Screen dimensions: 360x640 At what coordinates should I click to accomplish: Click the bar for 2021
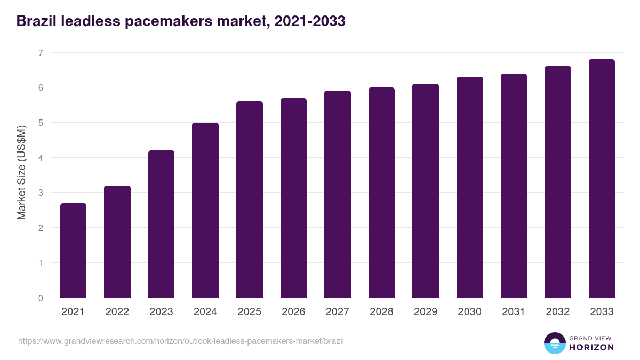click(73, 251)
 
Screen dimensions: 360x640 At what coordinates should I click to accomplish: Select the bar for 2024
click(205, 210)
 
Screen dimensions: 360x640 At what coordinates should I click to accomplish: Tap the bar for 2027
click(337, 194)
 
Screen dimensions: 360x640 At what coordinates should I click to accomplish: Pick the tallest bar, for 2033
click(602, 179)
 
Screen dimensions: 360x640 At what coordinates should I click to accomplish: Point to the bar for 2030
click(469, 187)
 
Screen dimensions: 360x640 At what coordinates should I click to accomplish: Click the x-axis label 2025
click(249, 312)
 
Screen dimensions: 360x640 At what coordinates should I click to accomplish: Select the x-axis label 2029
click(425, 312)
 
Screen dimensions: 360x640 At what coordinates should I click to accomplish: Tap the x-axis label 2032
click(557, 312)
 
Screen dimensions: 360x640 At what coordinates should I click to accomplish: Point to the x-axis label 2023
click(161, 312)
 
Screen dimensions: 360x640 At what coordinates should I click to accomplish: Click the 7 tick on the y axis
click(41, 53)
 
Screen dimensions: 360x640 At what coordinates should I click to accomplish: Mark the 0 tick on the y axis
click(41, 298)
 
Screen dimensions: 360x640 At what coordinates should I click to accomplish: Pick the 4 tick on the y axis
click(41, 158)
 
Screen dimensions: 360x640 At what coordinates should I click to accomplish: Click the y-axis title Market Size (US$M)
click(22, 172)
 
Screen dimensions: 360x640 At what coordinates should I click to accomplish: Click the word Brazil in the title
click(36, 21)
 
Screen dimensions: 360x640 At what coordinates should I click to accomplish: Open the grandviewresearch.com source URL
click(181, 341)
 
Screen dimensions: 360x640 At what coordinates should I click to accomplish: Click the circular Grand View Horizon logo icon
click(554, 343)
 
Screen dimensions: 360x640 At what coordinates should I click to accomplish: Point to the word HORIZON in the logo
click(591, 347)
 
